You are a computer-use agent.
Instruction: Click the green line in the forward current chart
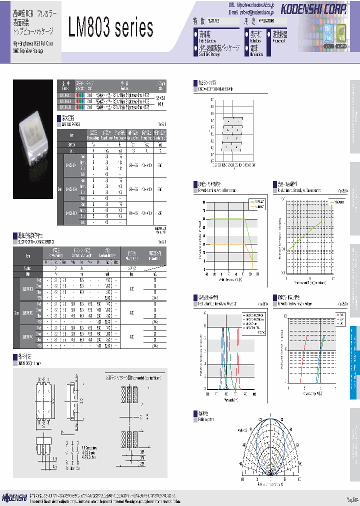tap(225, 219)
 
